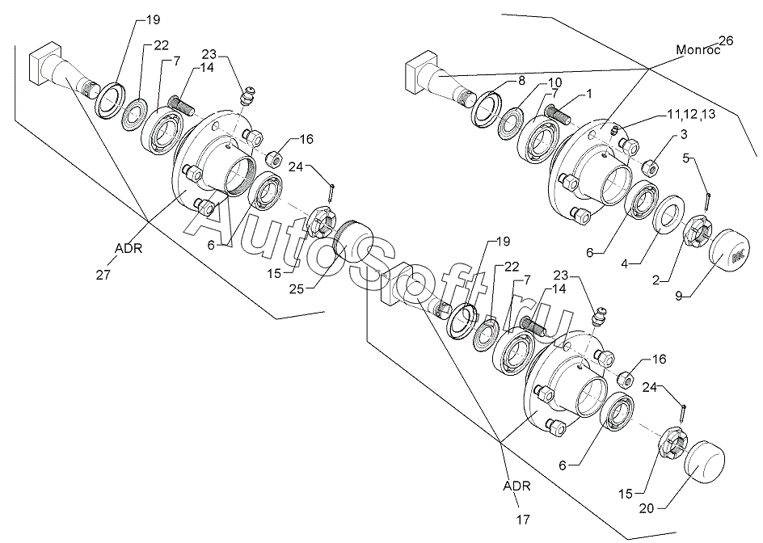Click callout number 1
click(588, 94)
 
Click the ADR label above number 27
click(128, 249)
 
